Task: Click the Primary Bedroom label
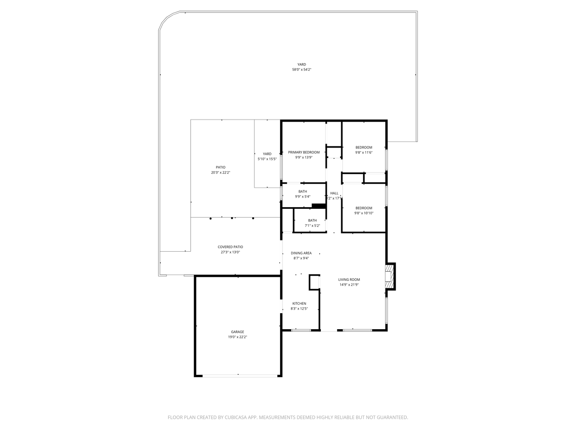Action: click(304, 152)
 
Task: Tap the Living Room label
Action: click(349, 280)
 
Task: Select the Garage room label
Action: click(237, 332)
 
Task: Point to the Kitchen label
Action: click(299, 304)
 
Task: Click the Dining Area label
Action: click(301, 253)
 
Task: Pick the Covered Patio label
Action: click(230, 247)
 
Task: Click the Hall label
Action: click(334, 193)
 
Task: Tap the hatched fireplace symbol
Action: click(389, 276)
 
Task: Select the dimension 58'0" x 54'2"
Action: click(302, 70)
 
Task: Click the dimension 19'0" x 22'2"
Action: click(237, 337)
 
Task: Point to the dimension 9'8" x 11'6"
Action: click(364, 152)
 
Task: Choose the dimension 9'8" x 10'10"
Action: click(364, 213)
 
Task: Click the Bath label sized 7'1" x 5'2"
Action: click(312, 220)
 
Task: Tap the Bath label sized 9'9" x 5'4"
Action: click(302, 192)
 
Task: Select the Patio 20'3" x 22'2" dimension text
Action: click(220, 173)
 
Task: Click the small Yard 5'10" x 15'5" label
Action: click(267, 154)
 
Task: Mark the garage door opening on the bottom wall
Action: click(240, 376)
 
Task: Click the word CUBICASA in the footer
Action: click(232, 418)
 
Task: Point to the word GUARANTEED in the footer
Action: click(390, 418)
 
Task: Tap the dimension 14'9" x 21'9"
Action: click(349, 285)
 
